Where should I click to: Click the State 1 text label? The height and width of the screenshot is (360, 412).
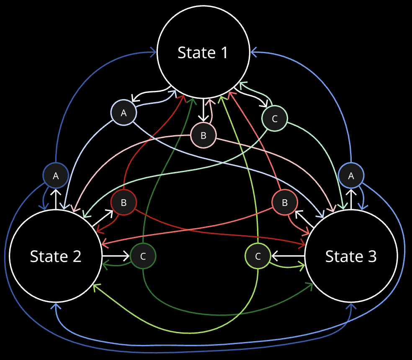(x=203, y=53)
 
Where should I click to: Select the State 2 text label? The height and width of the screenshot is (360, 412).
(x=56, y=256)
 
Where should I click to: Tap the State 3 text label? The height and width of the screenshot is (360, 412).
(x=351, y=256)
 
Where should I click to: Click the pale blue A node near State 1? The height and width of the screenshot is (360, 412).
(x=124, y=113)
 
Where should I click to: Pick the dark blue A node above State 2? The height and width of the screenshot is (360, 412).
(x=56, y=176)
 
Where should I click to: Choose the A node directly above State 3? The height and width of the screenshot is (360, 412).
(x=351, y=176)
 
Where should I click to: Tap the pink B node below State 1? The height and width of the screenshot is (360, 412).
(x=203, y=135)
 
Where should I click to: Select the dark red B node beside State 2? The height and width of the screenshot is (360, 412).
(x=124, y=203)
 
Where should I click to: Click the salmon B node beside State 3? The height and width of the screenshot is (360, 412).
(x=285, y=203)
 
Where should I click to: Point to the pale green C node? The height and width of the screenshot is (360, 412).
(x=274, y=118)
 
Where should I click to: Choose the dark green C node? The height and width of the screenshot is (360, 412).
(x=143, y=256)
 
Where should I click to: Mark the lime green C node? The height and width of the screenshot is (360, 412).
(x=257, y=256)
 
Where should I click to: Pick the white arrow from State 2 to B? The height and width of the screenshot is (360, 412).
(x=103, y=218)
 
